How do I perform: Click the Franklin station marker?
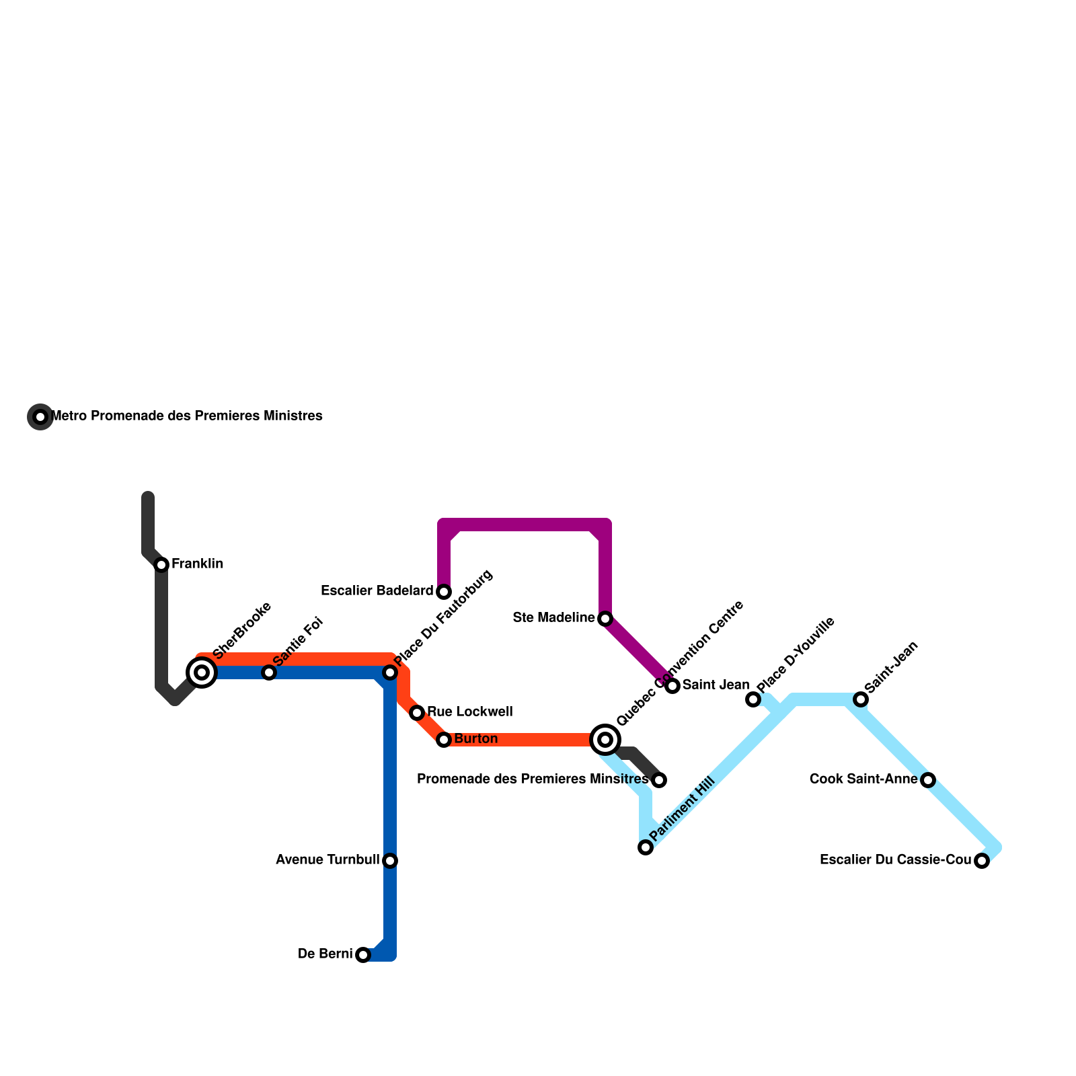tap(161, 565)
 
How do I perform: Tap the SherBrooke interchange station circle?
tap(202, 672)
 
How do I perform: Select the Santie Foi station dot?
tap(269, 672)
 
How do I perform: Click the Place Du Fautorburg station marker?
tap(390, 672)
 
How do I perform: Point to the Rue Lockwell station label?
tap(469, 712)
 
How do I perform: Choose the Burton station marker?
tap(444, 740)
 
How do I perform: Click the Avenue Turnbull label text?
tap(328, 860)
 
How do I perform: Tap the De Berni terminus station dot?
tap(363, 955)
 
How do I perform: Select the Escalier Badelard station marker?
tap(444, 592)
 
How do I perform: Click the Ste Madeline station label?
tap(553, 617)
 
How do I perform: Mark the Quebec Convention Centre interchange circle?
tap(605, 740)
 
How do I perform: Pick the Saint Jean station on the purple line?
tap(672, 686)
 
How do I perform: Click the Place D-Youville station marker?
tap(753, 699)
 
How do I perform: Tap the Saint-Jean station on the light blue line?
tap(861, 699)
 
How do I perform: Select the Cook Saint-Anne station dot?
tap(928, 780)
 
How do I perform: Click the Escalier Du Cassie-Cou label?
tap(896, 860)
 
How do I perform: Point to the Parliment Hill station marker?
tap(646, 847)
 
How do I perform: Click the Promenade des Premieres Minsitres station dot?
tap(659, 780)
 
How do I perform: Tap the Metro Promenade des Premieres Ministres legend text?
tap(187, 416)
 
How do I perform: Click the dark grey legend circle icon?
tap(40, 417)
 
